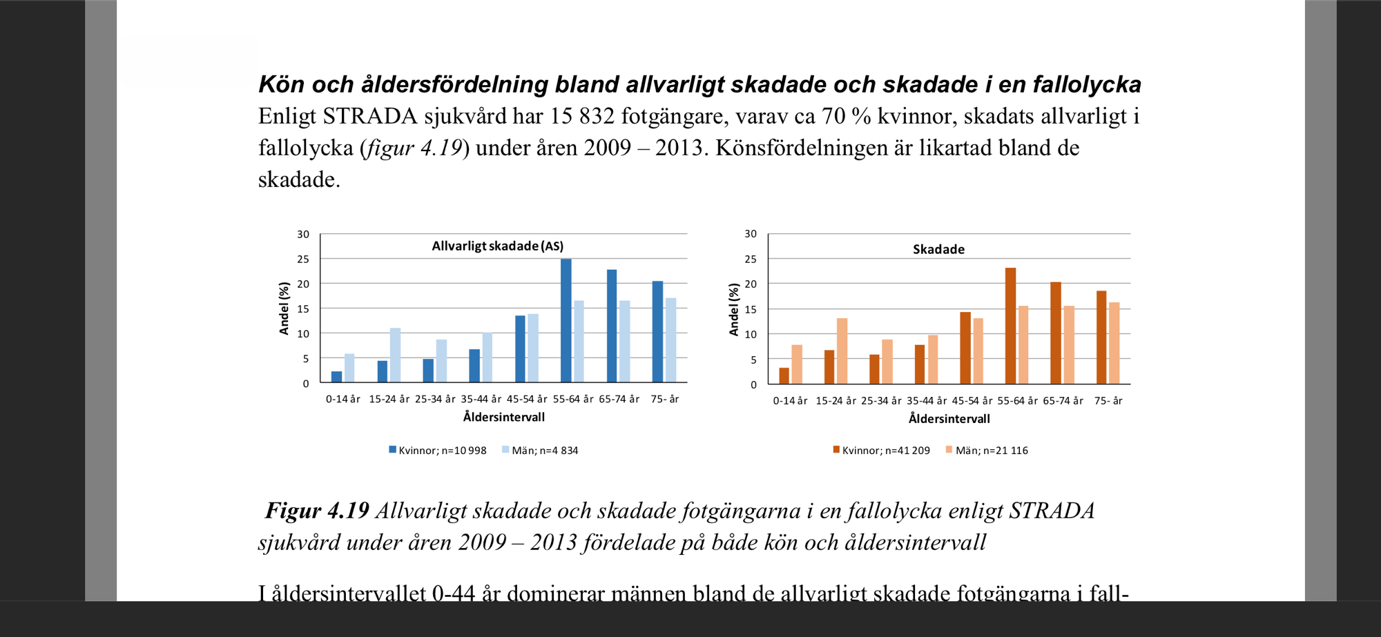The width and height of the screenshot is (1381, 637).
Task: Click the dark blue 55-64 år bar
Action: pos(566,321)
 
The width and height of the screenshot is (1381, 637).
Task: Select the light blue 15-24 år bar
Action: pos(395,355)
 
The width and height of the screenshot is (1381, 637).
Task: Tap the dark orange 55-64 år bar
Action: pos(1010,326)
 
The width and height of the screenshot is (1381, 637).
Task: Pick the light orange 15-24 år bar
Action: pos(842,351)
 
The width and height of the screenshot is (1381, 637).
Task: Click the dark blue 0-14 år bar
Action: pos(336,377)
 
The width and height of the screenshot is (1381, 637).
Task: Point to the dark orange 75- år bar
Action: pos(1101,337)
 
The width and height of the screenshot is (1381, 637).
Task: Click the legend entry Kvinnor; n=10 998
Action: pos(438,451)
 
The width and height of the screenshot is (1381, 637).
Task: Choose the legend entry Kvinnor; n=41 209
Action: pos(882,451)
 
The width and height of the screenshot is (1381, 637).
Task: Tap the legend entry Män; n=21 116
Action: pos(987,451)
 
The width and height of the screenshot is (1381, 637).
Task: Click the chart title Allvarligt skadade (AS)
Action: pos(497,246)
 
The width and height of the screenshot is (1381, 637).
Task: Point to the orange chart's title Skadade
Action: pos(938,250)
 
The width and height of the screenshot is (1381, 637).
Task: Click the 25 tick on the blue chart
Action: pos(303,259)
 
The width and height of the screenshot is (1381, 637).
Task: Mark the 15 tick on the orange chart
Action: pos(751,310)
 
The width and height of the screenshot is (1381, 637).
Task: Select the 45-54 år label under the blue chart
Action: pos(527,400)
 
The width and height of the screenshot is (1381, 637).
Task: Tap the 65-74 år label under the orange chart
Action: pos(1063,401)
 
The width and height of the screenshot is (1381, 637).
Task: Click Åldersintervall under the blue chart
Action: pos(503,418)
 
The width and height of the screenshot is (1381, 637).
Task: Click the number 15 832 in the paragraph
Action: pos(582,116)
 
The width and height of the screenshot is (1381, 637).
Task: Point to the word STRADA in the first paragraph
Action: pos(370,116)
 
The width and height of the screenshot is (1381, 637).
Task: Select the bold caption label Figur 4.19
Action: pos(317,511)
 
